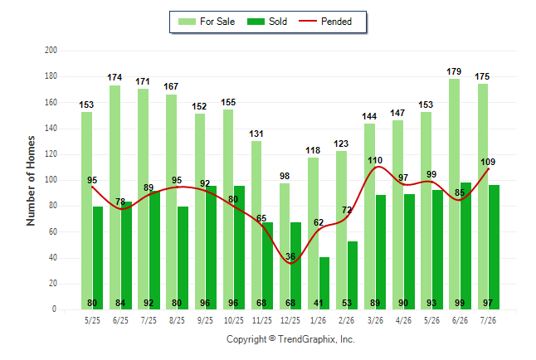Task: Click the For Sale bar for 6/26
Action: click(x=455, y=194)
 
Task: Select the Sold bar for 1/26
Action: click(x=324, y=284)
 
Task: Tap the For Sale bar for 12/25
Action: click(x=285, y=246)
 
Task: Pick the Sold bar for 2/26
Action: click(x=353, y=275)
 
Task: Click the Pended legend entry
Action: click(x=325, y=22)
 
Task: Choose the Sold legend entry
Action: click(x=267, y=22)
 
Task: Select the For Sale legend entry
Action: click(x=207, y=22)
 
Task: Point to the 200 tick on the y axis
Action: click(x=51, y=51)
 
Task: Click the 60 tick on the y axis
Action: click(x=52, y=231)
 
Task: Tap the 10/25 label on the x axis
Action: click(x=234, y=320)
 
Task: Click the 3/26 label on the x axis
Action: click(x=375, y=320)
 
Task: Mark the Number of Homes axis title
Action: click(x=31, y=181)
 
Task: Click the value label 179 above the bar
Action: click(x=454, y=71)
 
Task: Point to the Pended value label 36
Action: click(x=290, y=256)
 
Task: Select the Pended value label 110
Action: click(x=375, y=160)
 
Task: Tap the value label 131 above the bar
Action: click(x=256, y=134)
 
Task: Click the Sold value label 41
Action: click(x=319, y=303)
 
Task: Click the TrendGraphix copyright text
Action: click(x=290, y=339)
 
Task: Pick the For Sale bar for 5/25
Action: click(x=86, y=211)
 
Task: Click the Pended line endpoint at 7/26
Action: click(x=488, y=169)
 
